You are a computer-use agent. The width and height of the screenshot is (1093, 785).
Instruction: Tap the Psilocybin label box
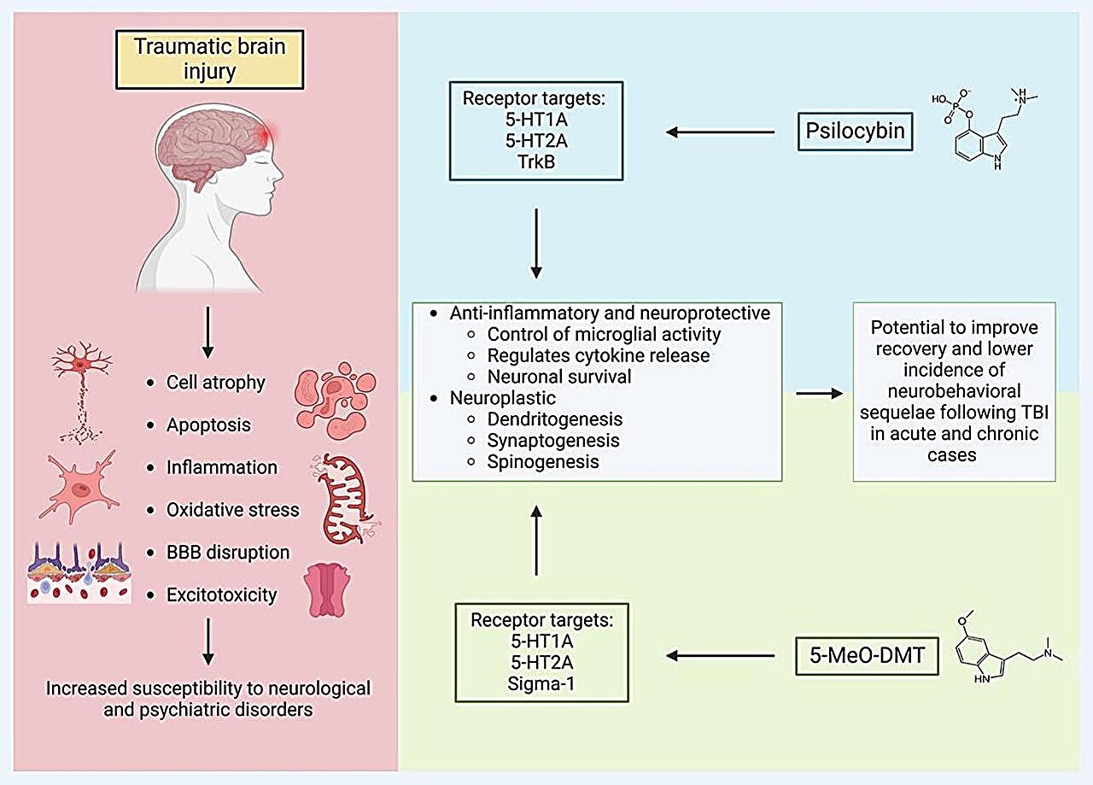click(854, 132)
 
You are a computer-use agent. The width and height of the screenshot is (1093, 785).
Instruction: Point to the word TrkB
click(536, 161)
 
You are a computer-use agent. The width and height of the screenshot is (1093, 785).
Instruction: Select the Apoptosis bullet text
click(210, 425)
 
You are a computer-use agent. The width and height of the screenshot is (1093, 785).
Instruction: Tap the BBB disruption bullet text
click(228, 552)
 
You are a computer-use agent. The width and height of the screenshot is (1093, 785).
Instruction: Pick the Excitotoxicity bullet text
click(222, 594)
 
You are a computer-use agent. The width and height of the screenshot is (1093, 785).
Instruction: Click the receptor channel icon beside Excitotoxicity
click(328, 590)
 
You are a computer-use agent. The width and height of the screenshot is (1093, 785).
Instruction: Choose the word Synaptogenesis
click(553, 441)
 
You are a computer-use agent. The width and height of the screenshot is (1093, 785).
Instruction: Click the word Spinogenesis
click(543, 462)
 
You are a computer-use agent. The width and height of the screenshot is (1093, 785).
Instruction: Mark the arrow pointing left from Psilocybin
click(720, 132)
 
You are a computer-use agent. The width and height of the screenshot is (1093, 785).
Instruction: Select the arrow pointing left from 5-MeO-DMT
click(720, 656)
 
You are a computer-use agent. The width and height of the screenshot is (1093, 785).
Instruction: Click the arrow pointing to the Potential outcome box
click(817, 394)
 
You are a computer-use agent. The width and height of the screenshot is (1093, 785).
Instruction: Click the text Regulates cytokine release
click(599, 354)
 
